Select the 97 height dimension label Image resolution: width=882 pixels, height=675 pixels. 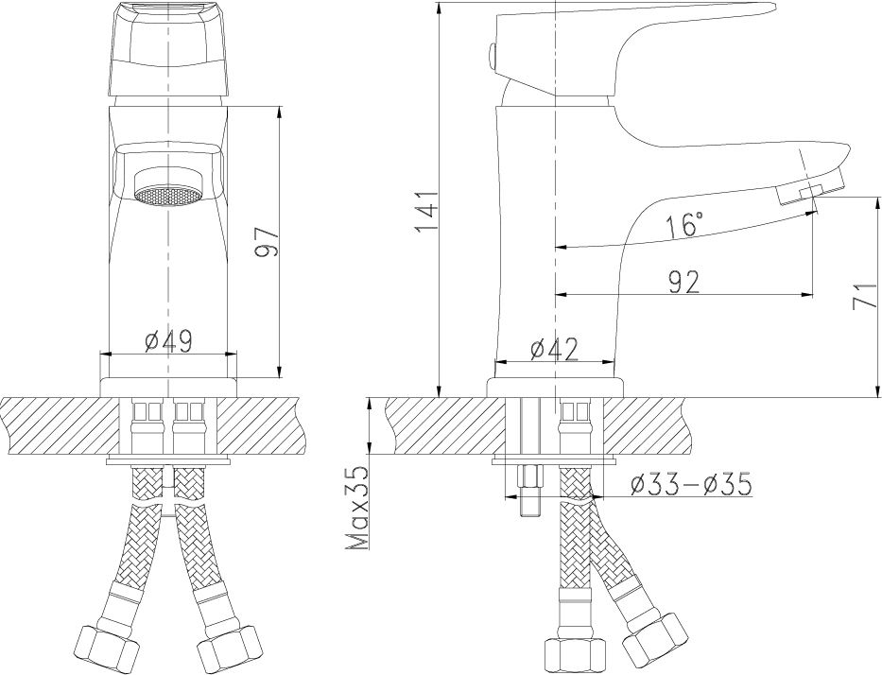pyautogui.click(x=266, y=243)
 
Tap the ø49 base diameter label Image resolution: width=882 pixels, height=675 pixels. pyautogui.click(x=168, y=341)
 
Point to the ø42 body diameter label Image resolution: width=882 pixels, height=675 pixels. pyautogui.click(x=554, y=350)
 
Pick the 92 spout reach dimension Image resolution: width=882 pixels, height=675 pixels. pyautogui.click(x=684, y=282)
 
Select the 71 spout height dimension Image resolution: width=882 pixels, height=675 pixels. pyautogui.click(x=865, y=296)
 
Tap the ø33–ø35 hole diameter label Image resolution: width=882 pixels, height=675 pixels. pyautogui.click(x=691, y=484)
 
